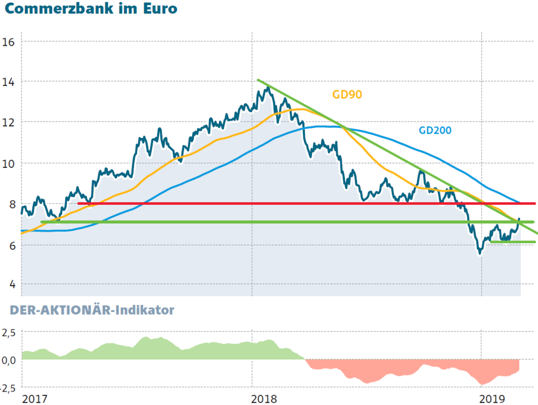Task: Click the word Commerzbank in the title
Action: click(x=59, y=9)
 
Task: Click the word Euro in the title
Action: click(x=160, y=9)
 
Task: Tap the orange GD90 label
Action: click(x=347, y=94)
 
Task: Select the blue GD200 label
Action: click(x=435, y=130)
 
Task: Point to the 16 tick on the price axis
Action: click(x=9, y=42)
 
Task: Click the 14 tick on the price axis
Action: click(x=9, y=82)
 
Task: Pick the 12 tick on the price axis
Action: click(x=9, y=123)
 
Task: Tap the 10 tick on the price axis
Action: click(x=9, y=164)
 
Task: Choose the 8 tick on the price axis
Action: click(x=12, y=204)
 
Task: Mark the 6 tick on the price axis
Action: click(x=12, y=246)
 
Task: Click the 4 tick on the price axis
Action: click(x=12, y=285)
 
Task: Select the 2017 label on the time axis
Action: click(x=34, y=399)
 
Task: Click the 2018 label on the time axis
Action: click(x=264, y=399)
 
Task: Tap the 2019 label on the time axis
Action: click(x=492, y=399)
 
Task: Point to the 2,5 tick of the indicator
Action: click(x=9, y=332)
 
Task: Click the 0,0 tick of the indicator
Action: click(x=9, y=360)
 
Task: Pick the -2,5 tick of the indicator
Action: click(x=8, y=388)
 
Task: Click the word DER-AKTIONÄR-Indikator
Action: click(x=92, y=310)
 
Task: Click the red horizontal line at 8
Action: click(x=307, y=204)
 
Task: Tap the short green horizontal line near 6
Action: click(x=513, y=242)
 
